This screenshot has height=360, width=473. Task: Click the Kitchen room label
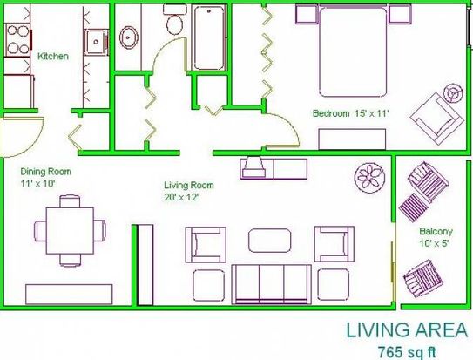[53, 56]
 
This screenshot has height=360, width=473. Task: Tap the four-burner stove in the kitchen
[17, 40]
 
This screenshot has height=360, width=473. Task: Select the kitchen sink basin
[96, 42]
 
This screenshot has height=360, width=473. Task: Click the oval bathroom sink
[129, 37]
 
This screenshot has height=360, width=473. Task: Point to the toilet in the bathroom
[173, 19]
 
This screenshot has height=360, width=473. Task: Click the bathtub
[209, 37]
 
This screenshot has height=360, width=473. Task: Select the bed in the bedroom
[353, 51]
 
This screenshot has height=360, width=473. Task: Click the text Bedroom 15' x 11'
[351, 114]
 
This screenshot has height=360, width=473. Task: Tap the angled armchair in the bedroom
[436, 119]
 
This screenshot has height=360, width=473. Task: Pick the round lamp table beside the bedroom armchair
[454, 93]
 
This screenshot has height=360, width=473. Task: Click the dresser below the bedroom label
[352, 139]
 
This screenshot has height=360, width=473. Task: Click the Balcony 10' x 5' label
[436, 237]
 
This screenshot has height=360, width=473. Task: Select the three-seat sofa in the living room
[271, 284]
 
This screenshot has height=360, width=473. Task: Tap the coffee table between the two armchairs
[270, 241]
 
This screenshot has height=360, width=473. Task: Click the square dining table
[70, 231]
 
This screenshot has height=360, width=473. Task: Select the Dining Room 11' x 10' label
[45, 178]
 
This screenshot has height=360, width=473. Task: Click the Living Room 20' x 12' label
[188, 191]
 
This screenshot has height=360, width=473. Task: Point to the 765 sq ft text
[407, 352]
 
